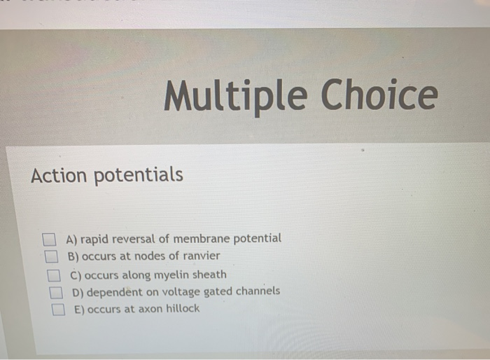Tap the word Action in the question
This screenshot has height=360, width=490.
coord(59,174)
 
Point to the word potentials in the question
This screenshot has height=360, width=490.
coord(139,175)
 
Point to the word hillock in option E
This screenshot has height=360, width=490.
coord(181,308)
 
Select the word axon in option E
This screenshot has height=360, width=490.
coord(148,309)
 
